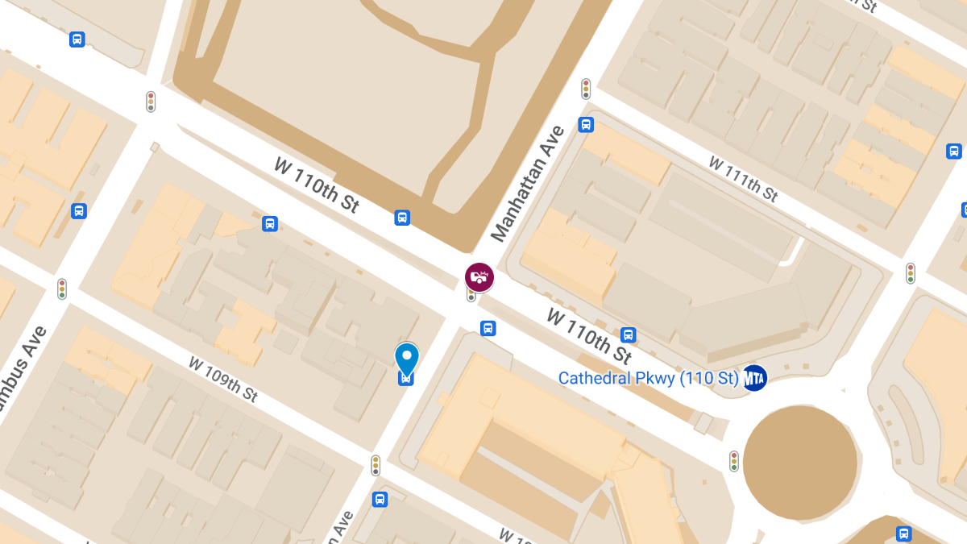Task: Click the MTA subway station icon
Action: tap(754, 377)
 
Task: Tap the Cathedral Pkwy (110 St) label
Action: tap(648, 378)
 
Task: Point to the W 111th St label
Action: tap(743, 178)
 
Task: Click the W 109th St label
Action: tap(223, 379)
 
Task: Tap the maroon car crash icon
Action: tap(479, 277)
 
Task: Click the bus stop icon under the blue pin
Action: tap(407, 377)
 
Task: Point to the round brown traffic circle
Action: tap(799, 463)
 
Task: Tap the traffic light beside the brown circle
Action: tap(734, 461)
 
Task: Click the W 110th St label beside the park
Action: tap(317, 185)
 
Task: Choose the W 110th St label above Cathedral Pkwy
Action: tap(589, 335)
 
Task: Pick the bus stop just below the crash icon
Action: tap(488, 328)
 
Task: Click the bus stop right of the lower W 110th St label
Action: tap(629, 335)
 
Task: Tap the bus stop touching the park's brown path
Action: tap(402, 218)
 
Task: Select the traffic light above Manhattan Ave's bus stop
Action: tap(586, 88)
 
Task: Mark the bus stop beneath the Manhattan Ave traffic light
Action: tap(586, 124)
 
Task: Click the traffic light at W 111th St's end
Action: tap(911, 273)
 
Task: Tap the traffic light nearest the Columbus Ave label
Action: tap(61, 288)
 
